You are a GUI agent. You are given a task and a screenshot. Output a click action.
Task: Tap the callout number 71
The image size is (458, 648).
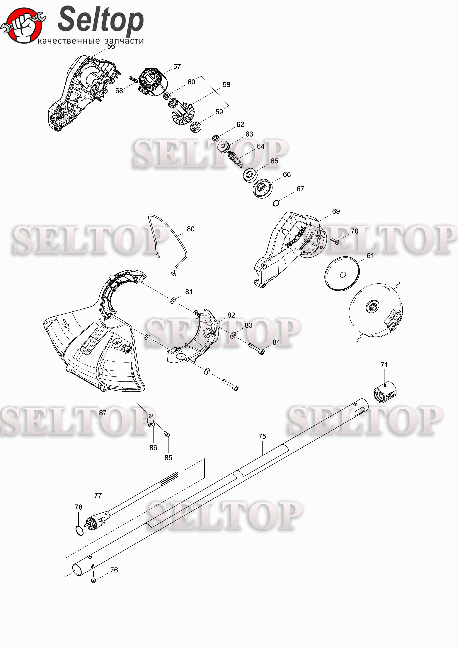(x=384, y=365)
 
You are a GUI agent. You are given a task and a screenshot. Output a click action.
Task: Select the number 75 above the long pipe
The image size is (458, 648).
(x=262, y=436)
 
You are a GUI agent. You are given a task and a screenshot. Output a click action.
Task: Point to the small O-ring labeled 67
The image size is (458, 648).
(x=276, y=203)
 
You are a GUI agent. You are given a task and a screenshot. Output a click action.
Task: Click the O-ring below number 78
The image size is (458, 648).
(x=80, y=531)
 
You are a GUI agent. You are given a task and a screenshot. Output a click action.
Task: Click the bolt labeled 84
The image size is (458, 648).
(x=256, y=349)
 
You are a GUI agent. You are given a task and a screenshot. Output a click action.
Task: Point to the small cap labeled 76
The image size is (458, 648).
(x=93, y=581)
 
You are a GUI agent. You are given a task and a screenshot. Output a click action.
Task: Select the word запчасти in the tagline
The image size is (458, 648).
(x=124, y=41)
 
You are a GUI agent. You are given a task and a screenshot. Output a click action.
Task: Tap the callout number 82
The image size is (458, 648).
(x=231, y=315)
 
